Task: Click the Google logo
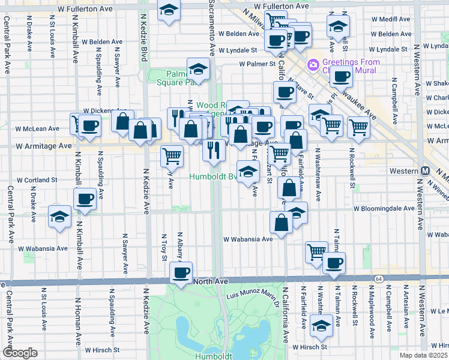(x=20, y=353)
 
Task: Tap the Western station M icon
(x=426, y=171)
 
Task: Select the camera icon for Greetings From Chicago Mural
(x=313, y=64)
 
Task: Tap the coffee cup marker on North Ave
(x=180, y=274)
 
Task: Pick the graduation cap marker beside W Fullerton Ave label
(x=169, y=10)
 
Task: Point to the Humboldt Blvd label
(x=213, y=177)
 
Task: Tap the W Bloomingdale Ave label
(x=384, y=209)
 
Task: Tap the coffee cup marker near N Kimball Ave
(x=84, y=199)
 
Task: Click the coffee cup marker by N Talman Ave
(x=334, y=263)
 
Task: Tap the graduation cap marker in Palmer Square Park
(x=197, y=69)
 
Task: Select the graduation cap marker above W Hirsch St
(x=322, y=326)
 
